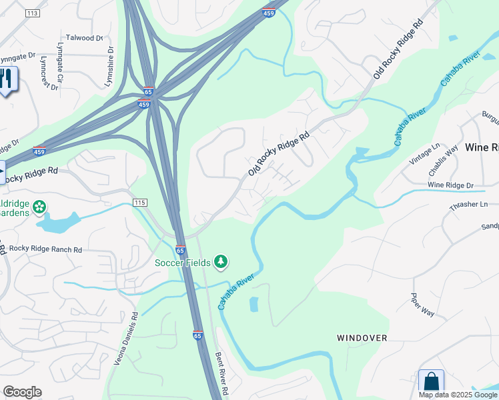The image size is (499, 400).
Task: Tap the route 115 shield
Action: click(x=139, y=202)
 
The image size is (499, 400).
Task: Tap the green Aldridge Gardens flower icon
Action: click(x=39, y=207)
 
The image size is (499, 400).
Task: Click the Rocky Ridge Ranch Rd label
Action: click(x=45, y=249)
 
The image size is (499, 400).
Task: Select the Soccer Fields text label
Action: click(x=183, y=262)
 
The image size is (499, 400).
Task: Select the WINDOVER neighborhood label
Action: click(x=362, y=338)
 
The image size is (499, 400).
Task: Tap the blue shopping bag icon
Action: click(x=431, y=382)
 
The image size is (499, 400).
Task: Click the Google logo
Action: click(x=22, y=392)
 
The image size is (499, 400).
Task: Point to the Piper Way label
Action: click(x=422, y=305)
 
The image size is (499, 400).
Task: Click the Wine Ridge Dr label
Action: click(x=450, y=185)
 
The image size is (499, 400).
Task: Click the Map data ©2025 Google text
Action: click(x=458, y=395)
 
